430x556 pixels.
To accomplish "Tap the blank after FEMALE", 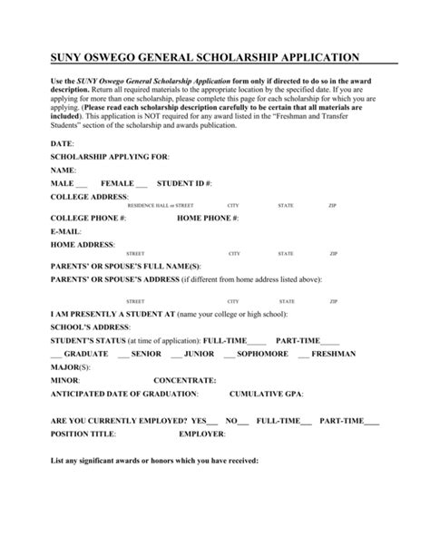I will [x=142, y=184].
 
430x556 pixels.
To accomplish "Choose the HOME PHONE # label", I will [x=208, y=219].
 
